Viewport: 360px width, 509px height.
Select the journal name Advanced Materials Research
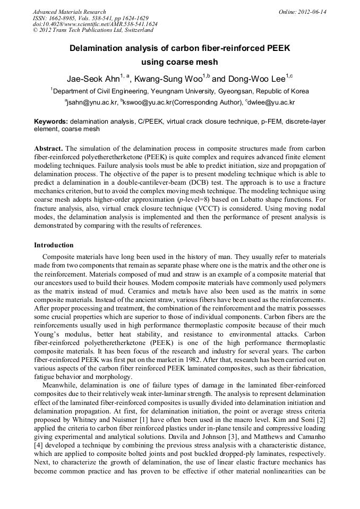[69, 12]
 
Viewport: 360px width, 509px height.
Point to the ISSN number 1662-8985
[63, 18]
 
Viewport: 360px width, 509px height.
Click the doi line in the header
[95, 24]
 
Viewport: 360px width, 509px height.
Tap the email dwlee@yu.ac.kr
[271, 102]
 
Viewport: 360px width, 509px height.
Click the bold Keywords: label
[51, 122]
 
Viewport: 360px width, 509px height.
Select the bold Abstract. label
[48, 148]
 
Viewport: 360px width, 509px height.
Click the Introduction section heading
[54, 245]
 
